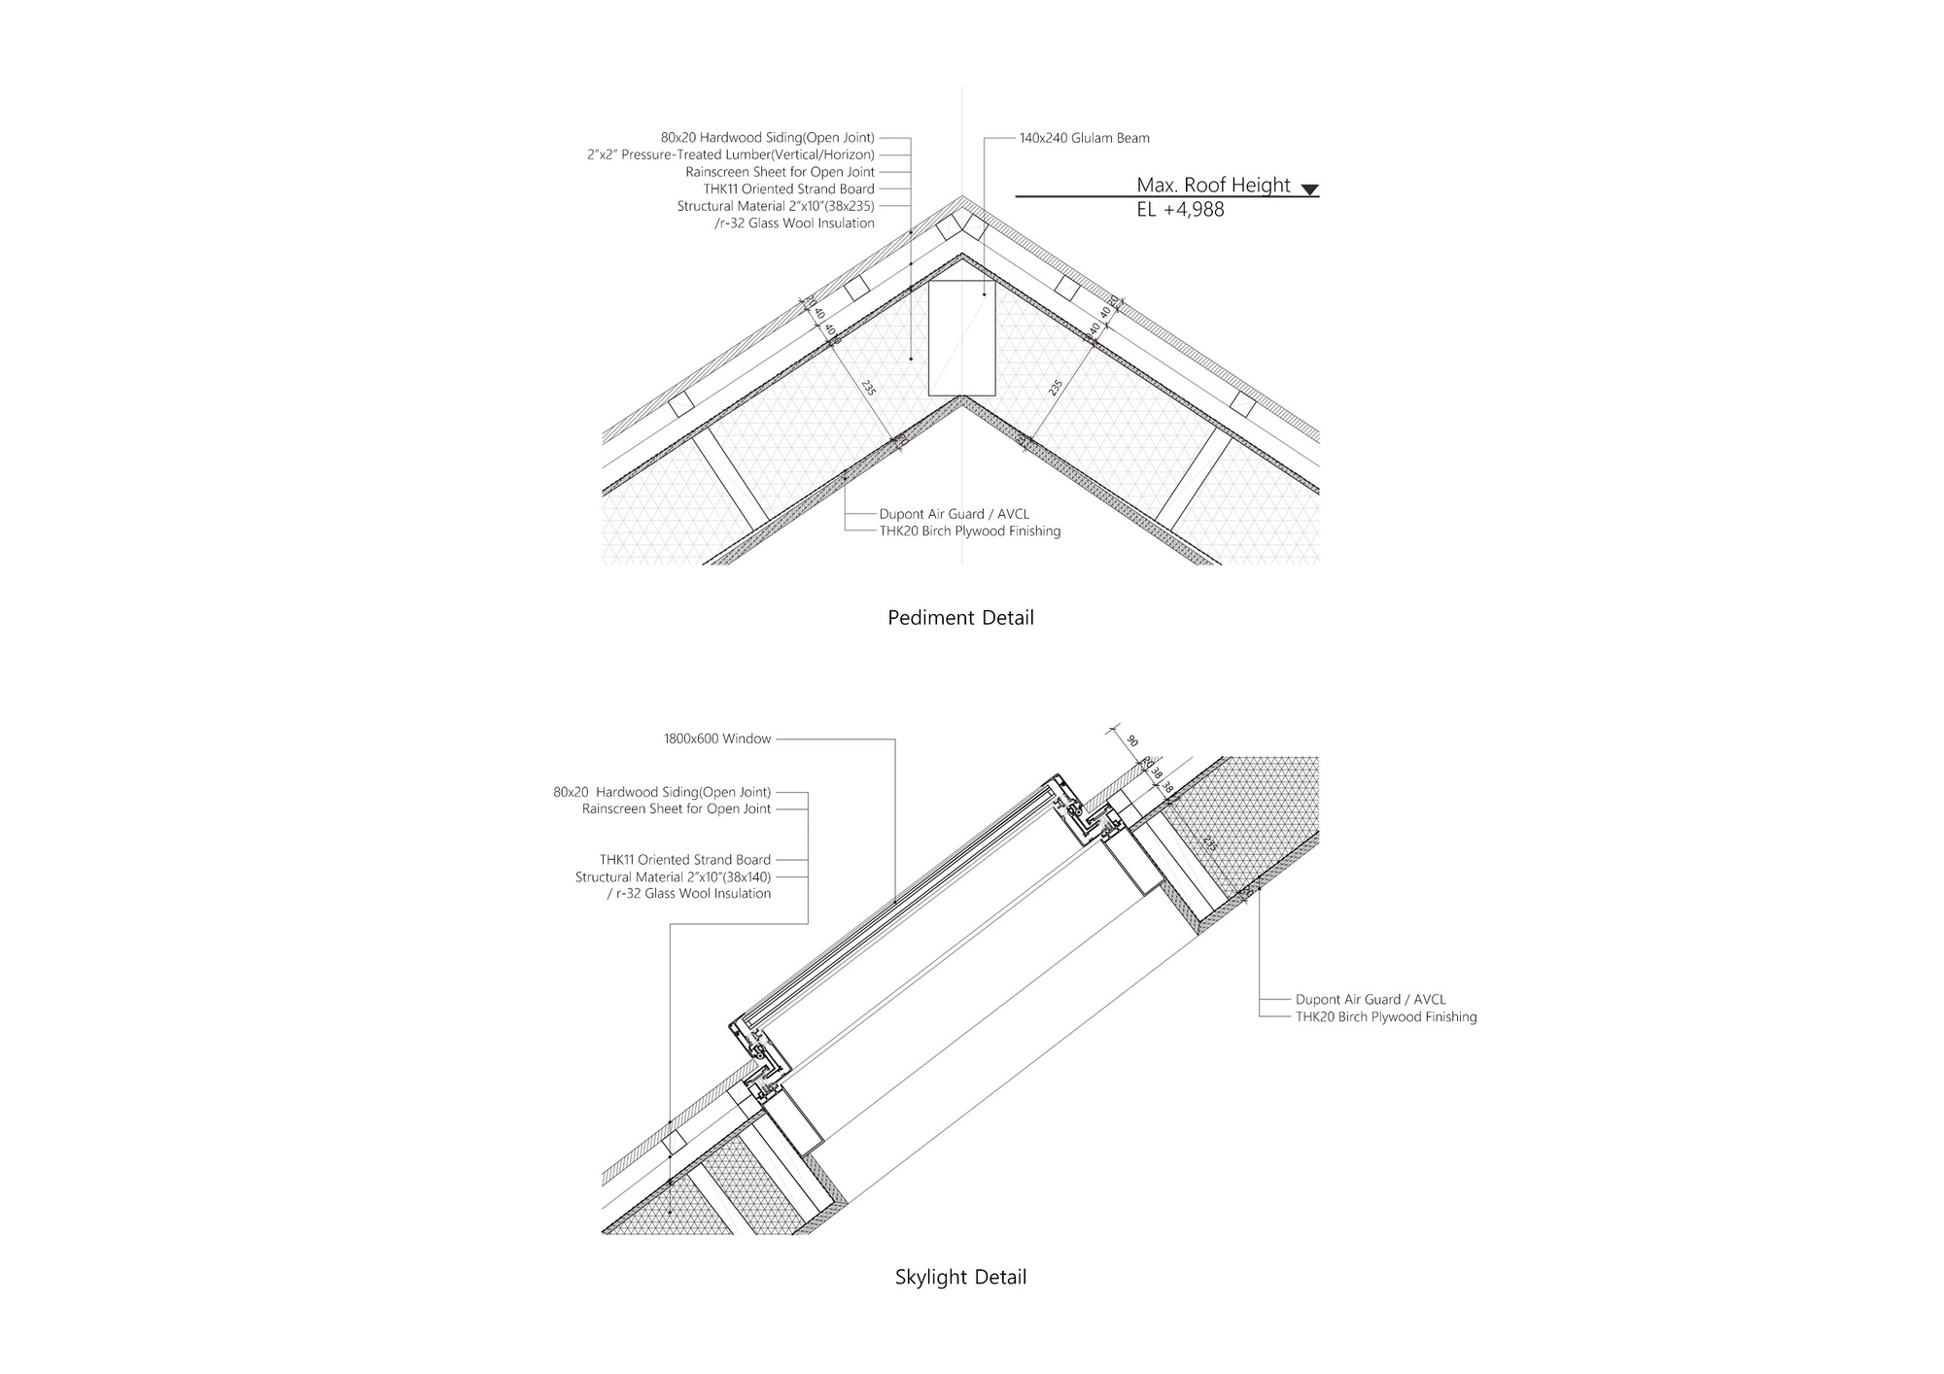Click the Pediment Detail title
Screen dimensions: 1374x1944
(960, 618)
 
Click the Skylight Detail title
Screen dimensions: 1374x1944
(960, 1277)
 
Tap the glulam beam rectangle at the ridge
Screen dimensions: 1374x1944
(961, 338)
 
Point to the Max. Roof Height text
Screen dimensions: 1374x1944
(1213, 185)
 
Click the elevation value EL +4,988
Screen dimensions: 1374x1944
(1180, 209)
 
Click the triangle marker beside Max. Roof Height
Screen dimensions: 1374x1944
(1309, 189)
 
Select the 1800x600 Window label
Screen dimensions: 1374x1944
(717, 739)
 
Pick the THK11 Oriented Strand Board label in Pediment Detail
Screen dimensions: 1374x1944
(788, 189)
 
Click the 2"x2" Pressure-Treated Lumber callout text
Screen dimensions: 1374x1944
(730, 155)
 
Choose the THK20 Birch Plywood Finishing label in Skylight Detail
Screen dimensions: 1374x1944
(1385, 1016)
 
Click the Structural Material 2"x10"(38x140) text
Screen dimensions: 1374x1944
(673, 876)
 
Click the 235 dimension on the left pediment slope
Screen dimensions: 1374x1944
(868, 387)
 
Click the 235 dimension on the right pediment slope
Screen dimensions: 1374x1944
(1056, 387)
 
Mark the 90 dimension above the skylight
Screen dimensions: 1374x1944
(1131, 740)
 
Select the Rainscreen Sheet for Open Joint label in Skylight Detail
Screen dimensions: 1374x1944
(677, 808)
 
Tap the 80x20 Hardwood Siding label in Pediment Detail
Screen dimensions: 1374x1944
(767, 138)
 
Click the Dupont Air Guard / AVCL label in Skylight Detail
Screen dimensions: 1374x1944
(1371, 999)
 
